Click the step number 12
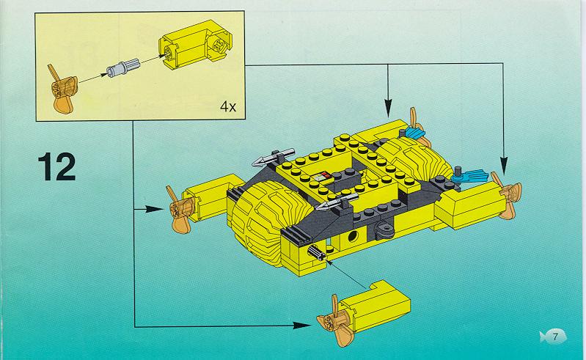[56, 166]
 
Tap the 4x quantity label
[228, 107]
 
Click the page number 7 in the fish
[555, 337]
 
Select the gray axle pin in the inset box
[123, 67]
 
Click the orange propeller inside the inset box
[63, 89]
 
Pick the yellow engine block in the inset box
[194, 45]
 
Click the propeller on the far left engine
[180, 210]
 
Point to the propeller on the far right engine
[508, 195]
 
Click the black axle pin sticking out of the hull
[317, 254]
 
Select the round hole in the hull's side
[353, 235]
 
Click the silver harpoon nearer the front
[337, 202]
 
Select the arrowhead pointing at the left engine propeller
[154, 209]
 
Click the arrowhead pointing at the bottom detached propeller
[301, 326]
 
